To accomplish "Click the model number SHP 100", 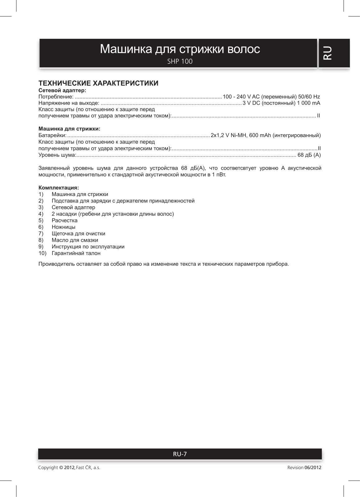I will [180, 62].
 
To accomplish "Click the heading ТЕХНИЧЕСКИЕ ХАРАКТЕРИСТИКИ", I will [98, 83].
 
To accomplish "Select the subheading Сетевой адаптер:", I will [62, 90].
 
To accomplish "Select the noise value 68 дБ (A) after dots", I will [309, 155].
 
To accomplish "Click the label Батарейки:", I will [52, 135].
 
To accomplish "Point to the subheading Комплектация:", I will [58, 188].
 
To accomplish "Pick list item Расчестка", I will [65, 221].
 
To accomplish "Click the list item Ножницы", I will [63, 227].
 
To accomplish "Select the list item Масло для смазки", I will [75, 240].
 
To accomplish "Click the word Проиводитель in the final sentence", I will [55, 264].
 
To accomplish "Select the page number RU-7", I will [180, 454].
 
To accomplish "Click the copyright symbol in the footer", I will [61, 467].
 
